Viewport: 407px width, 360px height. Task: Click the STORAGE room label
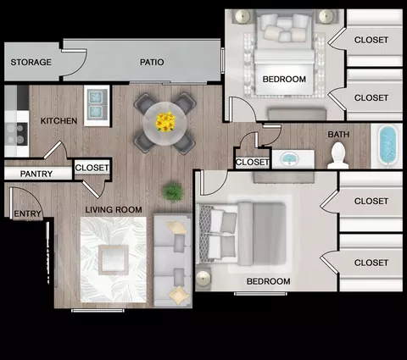tap(31, 62)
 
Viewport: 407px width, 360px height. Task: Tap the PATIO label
tap(152, 62)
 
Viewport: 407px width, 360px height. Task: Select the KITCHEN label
tap(59, 121)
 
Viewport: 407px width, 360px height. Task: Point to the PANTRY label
tap(36, 174)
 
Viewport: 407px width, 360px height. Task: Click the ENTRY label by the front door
tap(27, 213)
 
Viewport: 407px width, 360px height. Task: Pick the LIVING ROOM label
tap(114, 210)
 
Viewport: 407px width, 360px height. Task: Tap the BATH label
tap(338, 135)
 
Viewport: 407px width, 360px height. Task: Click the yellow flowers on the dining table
tap(165, 122)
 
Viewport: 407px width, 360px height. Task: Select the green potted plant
tap(172, 192)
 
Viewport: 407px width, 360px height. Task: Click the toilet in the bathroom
tap(338, 156)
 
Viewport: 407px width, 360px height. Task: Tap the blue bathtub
tap(388, 146)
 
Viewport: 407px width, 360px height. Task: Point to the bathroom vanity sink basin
tap(289, 158)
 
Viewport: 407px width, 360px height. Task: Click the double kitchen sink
tap(97, 105)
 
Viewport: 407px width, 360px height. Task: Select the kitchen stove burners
tap(16, 134)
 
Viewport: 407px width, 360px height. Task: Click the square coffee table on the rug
tap(114, 260)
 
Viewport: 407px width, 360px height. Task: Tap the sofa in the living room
tap(173, 260)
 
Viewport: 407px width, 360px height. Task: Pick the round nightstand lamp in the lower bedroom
tap(203, 279)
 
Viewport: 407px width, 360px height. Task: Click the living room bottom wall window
tap(98, 311)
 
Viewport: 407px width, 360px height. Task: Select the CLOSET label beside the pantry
tap(92, 168)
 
